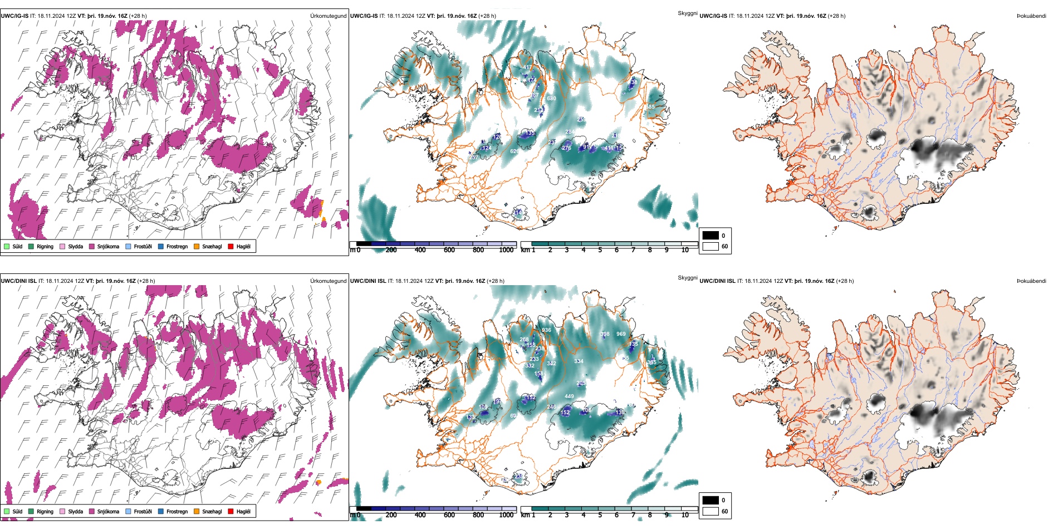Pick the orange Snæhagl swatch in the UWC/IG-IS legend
tap(197, 247)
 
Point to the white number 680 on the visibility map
tap(551, 99)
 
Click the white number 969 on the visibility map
tap(621, 334)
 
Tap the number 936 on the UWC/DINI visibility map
tap(546, 330)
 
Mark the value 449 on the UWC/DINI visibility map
tap(569, 396)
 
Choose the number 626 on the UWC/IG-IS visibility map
tap(515, 151)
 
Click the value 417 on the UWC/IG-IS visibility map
tap(527, 68)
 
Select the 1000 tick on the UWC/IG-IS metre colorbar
tap(506, 250)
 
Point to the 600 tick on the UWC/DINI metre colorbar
tap(449, 515)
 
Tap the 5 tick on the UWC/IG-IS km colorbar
tap(600, 250)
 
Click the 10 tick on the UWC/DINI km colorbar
tap(685, 515)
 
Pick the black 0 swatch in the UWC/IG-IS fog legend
tap(711, 236)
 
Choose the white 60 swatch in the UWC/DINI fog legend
tap(711, 511)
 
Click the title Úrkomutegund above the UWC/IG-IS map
tap(328, 16)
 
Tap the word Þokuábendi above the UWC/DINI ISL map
tap(1031, 281)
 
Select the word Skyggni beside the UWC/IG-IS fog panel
tap(688, 13)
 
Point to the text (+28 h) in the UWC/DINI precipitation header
tap(146, 281)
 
